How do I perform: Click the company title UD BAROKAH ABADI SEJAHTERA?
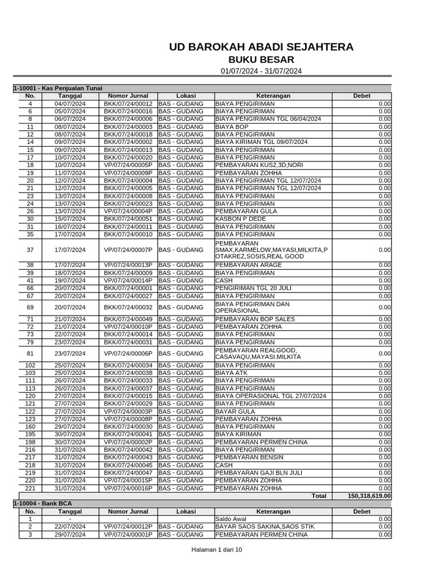coord(261,47)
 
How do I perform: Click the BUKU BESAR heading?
coord(261,60)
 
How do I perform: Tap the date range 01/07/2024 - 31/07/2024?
coord(261,71)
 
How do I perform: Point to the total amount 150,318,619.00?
coord(370,496)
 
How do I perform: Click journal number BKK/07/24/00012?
coord(128,104)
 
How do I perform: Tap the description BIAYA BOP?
coord(228,127)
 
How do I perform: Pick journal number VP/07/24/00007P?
coord(128,249)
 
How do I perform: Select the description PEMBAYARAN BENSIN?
coord(245,457)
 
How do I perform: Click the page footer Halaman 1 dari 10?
coord(217,550)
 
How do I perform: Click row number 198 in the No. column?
coord(30,442)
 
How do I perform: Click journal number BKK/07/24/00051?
coord(128,219)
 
